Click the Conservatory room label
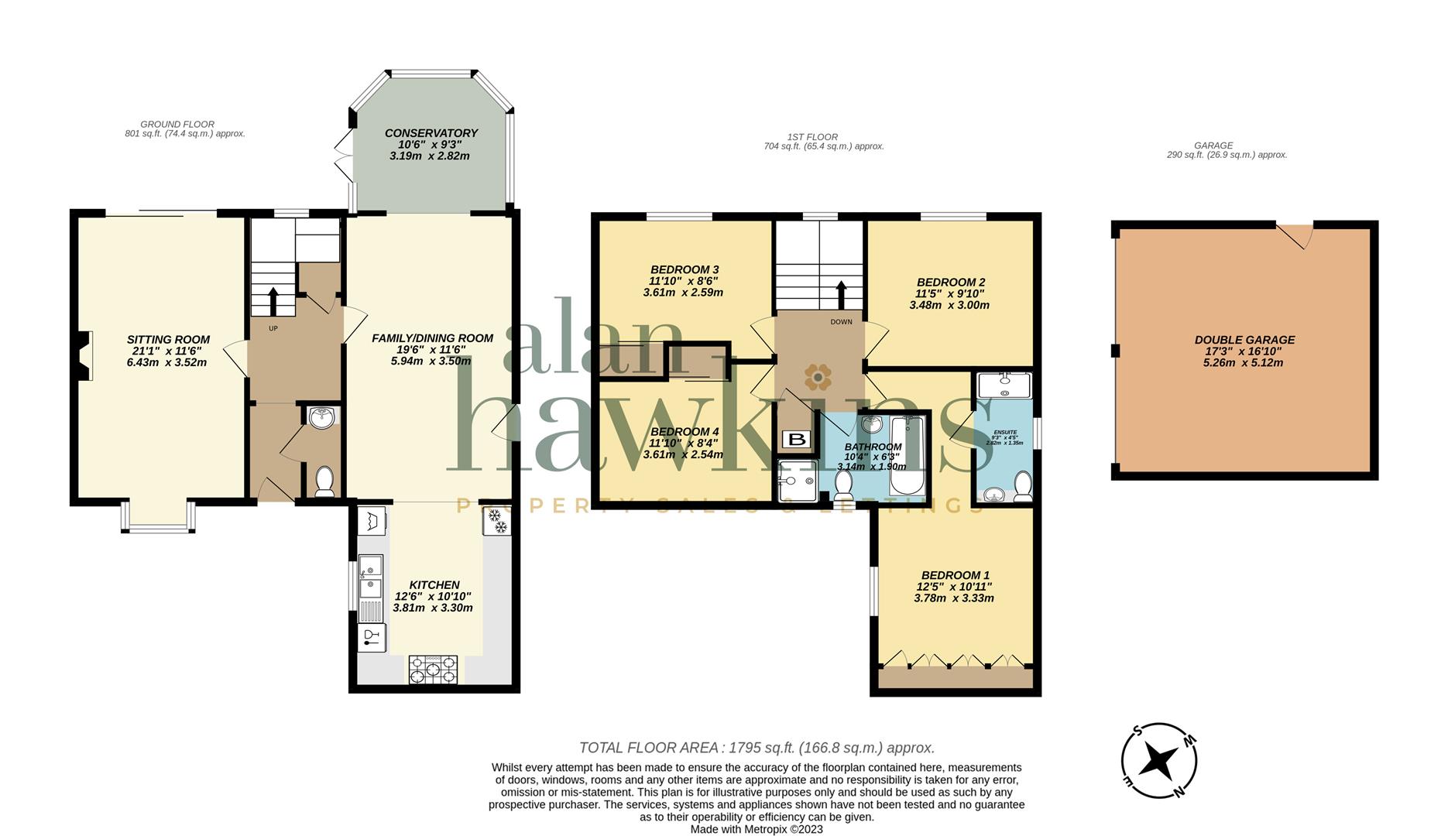pyautogui.click(x=431, y=133)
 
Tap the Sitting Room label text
pyautogui.click(x=168, y=339)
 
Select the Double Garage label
pyautogui.click(x=1244, y=340)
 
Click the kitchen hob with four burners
pyautogui.click(x=434, y=670)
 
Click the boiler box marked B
pyautogui.click(x=796, y=440)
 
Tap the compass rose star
pyautogui.click(x=1159, y=761)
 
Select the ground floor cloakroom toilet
pyautogui.click(x=324, y=481)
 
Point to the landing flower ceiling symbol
pyautogui.click(x=818, y=377)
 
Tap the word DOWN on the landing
pyautogui.click(x=841, y=322)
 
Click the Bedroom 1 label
pyautogui.click(x=955, y=575)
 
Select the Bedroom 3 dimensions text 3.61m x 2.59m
pyautogui.click(x=683, y=293)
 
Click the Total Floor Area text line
pyautogui.click(x=757, y=748)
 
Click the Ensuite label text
pyautogui.click(x=1004, y=433)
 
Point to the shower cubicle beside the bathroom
pyautogui.click(x=797, y=479)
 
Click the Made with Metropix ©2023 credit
pyautogui.click(x=756, y=829)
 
